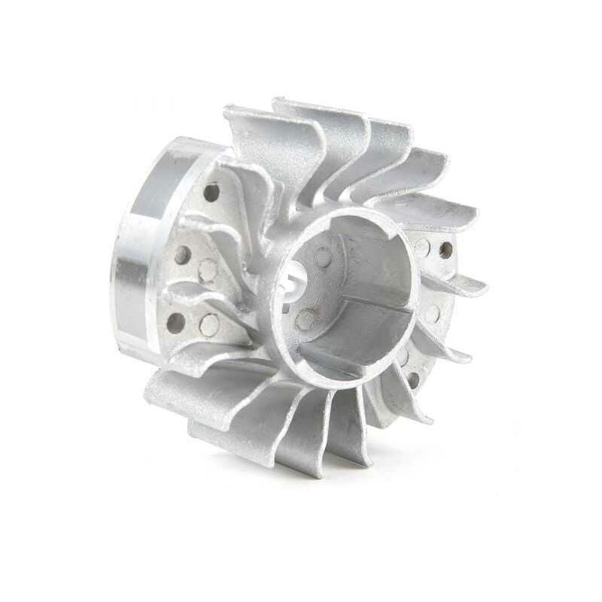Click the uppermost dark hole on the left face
[211, 192]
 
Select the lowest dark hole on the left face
[175, 323]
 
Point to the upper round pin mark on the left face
[208, 270]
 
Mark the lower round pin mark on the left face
[209, 325]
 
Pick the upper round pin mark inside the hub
[324, 258]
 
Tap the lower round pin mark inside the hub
[305, 320]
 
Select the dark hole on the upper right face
[446, 250]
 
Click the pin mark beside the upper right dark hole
[424, 248]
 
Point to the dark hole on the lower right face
[413, 380]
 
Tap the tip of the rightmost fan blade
[482, 286]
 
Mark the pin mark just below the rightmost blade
[433, 313]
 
